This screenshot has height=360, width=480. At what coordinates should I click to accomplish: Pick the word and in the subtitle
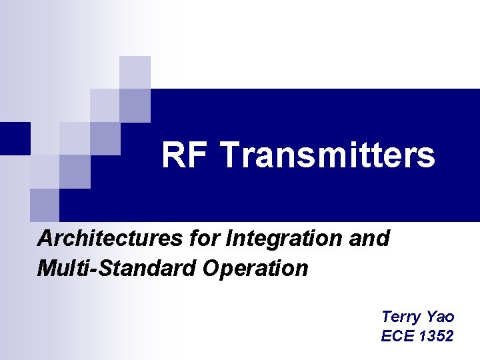(x=369, y=238)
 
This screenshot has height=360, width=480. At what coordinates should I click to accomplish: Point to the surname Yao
(x=441, y=317)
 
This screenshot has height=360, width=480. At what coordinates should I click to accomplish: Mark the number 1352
(x=437, y=336)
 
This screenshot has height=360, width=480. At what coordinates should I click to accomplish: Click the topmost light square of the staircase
(x=135, y=72)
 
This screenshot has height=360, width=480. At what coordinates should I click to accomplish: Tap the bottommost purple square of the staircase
(x=45, y=205)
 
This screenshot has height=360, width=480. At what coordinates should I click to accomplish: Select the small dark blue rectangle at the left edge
(x=15, y=138)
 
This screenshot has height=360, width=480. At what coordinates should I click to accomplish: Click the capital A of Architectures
(x=45, y=238)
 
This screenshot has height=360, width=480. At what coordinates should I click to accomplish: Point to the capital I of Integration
(x=230, y=238)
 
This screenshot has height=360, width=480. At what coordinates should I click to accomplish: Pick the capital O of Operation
(x=213, y=269)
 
